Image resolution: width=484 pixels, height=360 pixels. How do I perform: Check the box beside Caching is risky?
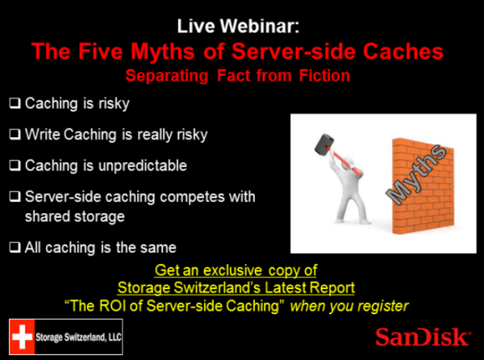tap(16, 104)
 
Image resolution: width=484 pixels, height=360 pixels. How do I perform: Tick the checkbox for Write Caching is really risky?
tap(16, 135)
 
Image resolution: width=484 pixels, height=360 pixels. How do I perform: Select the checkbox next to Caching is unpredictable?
tap(16, 165)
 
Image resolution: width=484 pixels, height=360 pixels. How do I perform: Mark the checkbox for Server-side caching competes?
tap(16, 196)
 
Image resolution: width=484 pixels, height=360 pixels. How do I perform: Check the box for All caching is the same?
tap(16, 246)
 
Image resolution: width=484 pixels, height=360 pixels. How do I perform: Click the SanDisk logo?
tap(421, 336)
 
